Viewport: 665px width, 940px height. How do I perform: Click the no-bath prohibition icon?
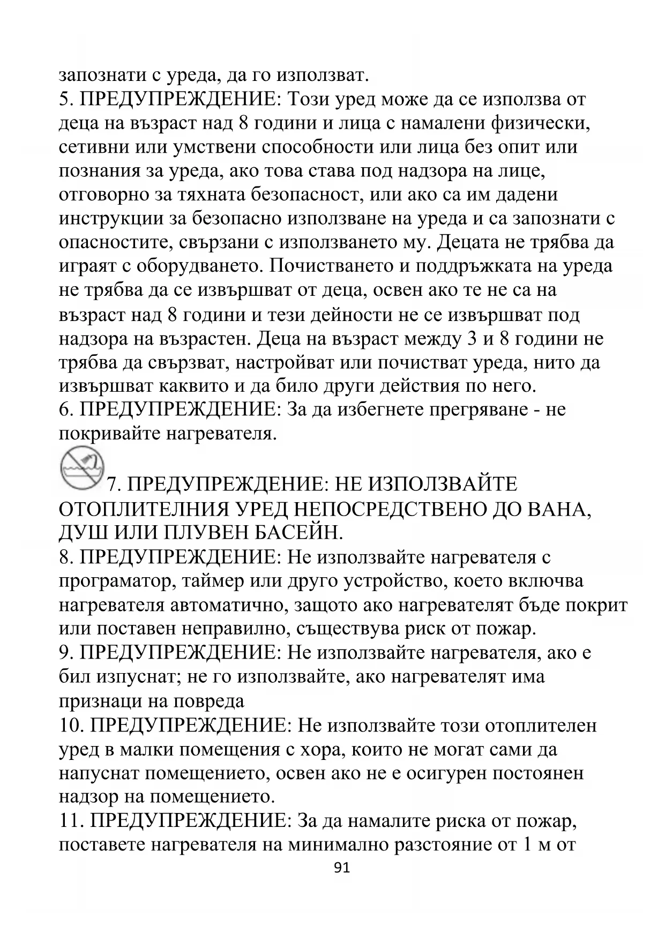[81, 467]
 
